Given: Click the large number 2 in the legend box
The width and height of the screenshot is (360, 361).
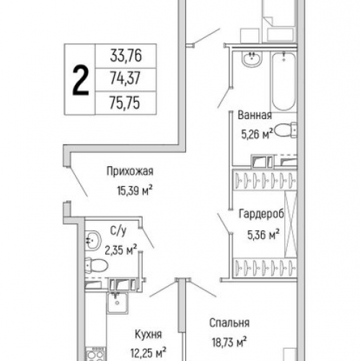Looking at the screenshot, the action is pyautogui.click(x=81, y=81).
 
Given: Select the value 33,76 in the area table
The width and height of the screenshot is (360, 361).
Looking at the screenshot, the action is pyautogui.click(x=126, y=56).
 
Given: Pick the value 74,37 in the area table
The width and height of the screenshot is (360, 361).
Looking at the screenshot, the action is pyautogui.click(x=125, y=78).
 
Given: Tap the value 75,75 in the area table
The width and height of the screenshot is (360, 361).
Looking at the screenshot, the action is pyautogui.click(x=125, y=103).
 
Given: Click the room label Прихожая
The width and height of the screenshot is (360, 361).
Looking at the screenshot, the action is pyautogui.click(x=130, y=171).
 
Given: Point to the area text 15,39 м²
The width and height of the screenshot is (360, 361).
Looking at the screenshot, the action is pyautogui.click(x=135, y=191).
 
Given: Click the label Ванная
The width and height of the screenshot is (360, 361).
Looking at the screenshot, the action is pyautogui.click(x=255, y=115).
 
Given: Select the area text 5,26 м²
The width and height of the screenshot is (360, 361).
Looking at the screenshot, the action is pyautogui.click(x=258, y=134).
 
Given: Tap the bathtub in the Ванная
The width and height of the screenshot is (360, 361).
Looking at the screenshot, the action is pyautogui.click(x=284, y=82).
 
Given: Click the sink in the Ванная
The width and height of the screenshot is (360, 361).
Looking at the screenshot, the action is pyautogui.click(x=252, y=58).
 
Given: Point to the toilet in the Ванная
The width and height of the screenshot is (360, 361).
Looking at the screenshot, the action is pyautogui.click(x=286, y=130).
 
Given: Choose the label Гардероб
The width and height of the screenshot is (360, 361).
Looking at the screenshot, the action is pyautogui.click(x=261, y=214).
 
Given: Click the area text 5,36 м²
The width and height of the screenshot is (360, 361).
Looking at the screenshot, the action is pyautogui.click(x=263, y=235).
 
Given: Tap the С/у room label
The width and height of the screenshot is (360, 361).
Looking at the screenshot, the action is pyautogui.click(x=118, y=231).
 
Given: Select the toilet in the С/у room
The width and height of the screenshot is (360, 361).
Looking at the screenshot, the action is pyautogui.click(x=96, y=265).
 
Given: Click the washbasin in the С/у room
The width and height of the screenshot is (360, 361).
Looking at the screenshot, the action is pyautogui.click(x=93, y=240).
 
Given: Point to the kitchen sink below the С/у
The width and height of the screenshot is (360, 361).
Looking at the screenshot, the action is pyautogui.click(x=118, y=303).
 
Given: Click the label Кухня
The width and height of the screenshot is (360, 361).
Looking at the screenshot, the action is pyautogui.click(x=148, y=334).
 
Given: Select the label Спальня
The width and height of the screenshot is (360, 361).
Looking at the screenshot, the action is pyautogui.click(x=229, y=323).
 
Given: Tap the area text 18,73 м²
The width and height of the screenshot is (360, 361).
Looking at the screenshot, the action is pyautogui.click(x=229, y=342).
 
